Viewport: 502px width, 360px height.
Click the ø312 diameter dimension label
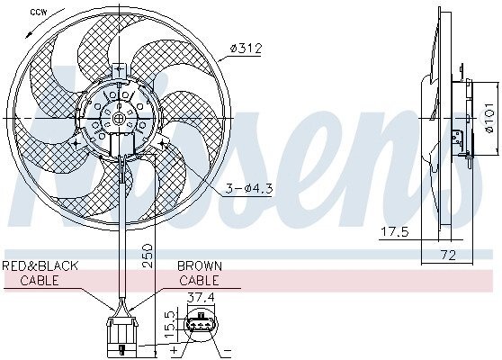click(246, 49)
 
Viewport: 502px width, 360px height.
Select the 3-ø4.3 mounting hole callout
click(249, 189)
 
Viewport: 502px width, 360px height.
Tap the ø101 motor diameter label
click(489, 118)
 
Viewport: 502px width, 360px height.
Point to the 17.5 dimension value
click(394, 231)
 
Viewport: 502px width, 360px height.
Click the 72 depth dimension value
click(448, 256)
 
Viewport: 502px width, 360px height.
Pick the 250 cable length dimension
click(146, 256)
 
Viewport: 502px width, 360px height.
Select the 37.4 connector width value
click(201, 298)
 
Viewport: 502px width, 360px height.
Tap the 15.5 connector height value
click(172, 321)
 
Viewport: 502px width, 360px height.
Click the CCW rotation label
click(39, 13)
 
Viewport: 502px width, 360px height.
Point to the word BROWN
click(200, 265)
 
